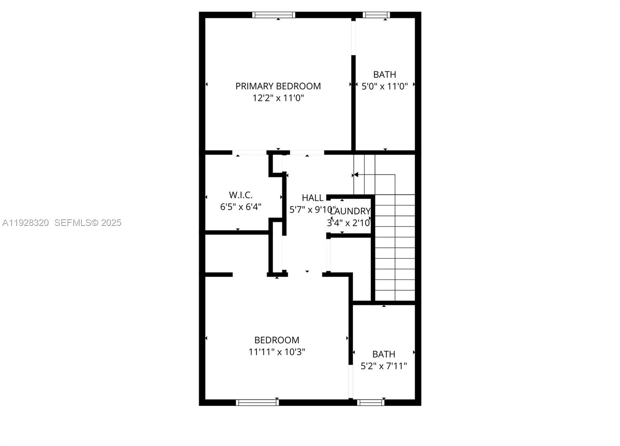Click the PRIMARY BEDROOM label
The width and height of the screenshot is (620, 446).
coord(278,86)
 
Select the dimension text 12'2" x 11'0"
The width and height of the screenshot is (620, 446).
coord(278,98)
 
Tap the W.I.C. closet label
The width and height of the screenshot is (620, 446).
coord(241,195)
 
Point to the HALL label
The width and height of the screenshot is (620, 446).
coord(312,198)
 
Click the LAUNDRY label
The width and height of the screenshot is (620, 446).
coord(350,211)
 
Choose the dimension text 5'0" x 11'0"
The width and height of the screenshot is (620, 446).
coord(384,86)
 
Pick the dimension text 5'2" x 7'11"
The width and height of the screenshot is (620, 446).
coord(384,366)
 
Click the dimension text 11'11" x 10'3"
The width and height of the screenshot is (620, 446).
coord(277,352)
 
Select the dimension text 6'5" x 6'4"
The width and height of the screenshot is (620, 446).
coord(241,207)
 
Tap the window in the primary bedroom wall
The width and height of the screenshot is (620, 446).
coord(274,15)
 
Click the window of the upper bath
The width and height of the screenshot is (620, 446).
coord(376,15)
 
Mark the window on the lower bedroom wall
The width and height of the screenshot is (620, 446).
coord(257,403)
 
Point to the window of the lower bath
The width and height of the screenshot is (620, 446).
coord(371,403)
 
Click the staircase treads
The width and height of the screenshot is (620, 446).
coord(394,248)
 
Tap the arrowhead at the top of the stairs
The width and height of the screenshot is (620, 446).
coord(356,175)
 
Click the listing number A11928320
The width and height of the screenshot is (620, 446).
coord(26,223)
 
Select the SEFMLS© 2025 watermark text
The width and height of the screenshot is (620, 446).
coord(88,223)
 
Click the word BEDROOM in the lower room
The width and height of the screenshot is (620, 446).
coord(277,340)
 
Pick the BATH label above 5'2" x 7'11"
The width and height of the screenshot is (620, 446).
coord(384,354)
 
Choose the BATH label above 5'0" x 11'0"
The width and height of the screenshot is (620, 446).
coord(384,74)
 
